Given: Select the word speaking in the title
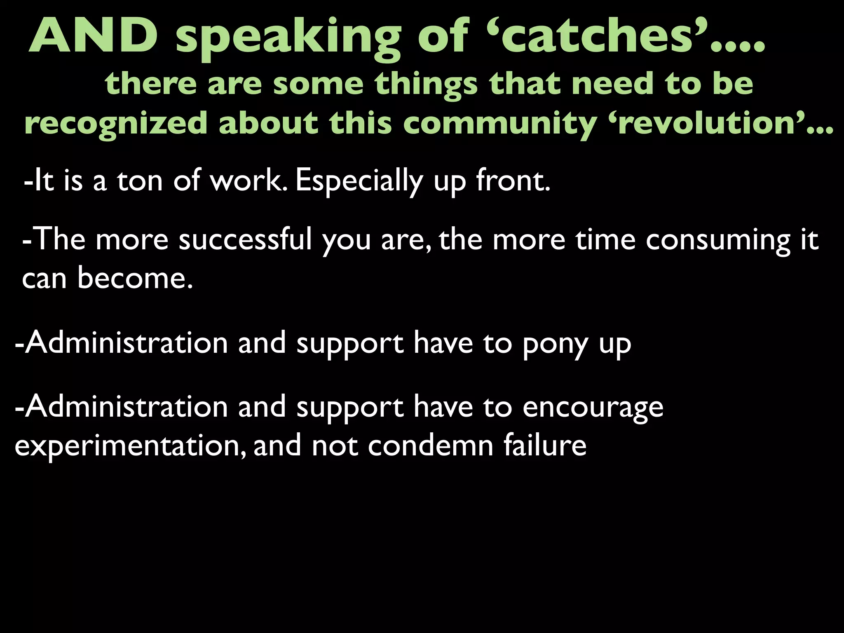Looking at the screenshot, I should [288, 39].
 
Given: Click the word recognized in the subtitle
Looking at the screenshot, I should [116, 124].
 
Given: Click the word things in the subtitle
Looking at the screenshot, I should [426, 85].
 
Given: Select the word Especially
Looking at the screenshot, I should [359, 181].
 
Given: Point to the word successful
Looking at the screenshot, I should [245, 239].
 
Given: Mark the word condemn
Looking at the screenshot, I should [431, 445].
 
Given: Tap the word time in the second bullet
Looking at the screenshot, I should [605, 239].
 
